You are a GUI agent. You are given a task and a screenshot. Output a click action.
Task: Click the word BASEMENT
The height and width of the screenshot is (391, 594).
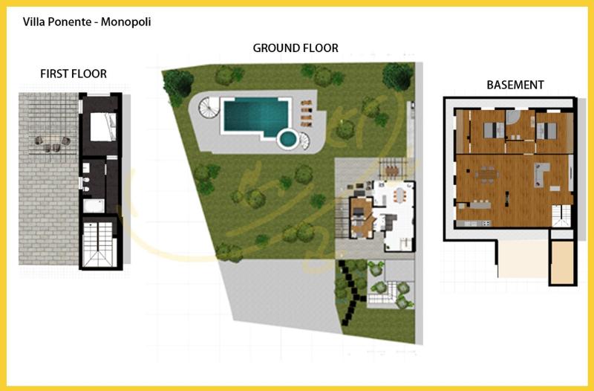point(515,85)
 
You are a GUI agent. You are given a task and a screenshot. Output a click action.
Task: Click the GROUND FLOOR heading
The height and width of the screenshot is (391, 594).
point(296,48)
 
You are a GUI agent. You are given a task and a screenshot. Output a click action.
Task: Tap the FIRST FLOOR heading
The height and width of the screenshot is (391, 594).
point(74,74)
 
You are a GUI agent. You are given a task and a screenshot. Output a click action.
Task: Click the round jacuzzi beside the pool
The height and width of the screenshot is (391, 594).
point(287,138)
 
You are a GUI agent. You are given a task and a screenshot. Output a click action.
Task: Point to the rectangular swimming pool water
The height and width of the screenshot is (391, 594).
point(255,115)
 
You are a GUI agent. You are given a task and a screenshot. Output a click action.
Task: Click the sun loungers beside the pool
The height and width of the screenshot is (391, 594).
point(307,114)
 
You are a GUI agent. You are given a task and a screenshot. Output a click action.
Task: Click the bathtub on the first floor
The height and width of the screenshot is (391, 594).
point(94,204)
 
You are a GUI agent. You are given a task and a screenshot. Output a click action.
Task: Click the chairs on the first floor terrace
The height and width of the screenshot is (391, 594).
point(50,143)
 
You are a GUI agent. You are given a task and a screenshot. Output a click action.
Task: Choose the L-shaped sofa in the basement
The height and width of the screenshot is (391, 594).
point(542,175)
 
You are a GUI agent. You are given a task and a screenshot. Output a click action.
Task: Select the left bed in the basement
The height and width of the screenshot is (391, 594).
point(491,131)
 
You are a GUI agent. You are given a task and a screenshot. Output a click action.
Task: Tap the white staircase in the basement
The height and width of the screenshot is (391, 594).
point(561,216)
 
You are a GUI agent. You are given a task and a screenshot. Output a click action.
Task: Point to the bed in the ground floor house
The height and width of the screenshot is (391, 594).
point(359,212)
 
